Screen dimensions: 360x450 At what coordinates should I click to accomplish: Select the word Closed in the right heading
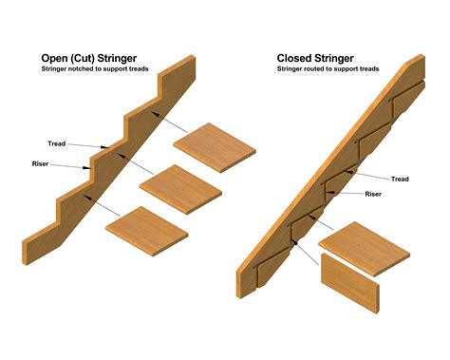click(x=299, y=57)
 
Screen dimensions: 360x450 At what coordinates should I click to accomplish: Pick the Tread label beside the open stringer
click(x=57, y=143)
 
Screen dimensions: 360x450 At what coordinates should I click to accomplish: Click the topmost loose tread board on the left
click(x=215, y=147)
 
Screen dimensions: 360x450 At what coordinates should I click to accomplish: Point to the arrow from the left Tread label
click(x=85, y=146)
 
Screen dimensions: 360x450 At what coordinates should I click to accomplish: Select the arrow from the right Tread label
click(x=370, y=174)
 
